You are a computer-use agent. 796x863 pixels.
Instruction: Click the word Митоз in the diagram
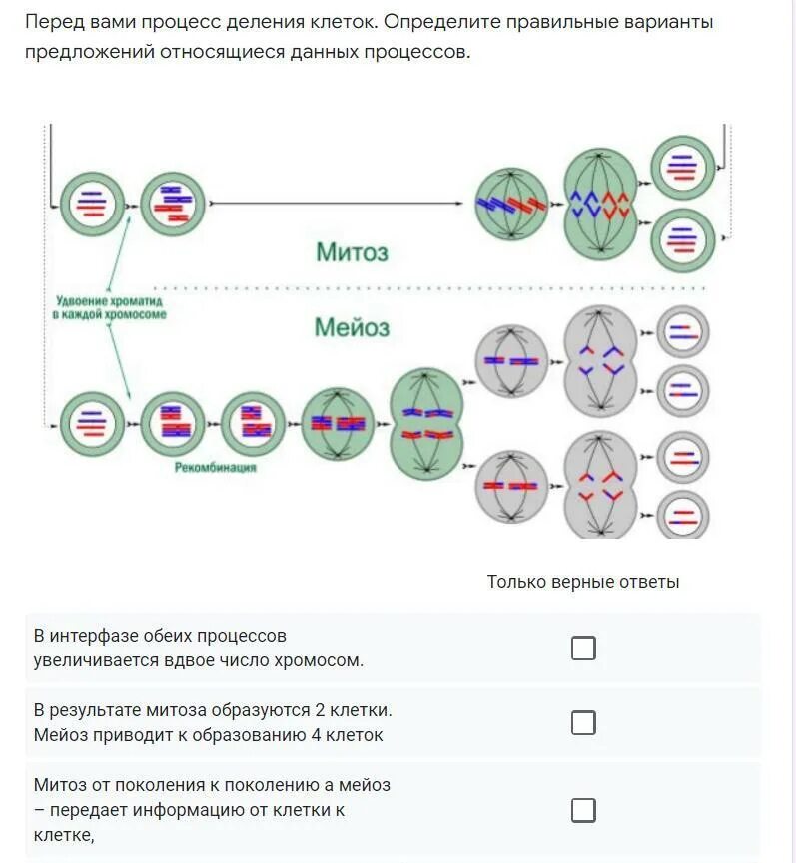point(352,252)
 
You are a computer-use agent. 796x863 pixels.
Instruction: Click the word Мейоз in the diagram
point(352,327)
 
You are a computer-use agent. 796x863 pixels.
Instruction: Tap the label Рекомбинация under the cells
point(215,466)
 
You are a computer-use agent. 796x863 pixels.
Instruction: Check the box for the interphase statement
point(583,648)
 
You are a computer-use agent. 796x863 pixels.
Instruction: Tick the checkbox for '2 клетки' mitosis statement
point(583,723)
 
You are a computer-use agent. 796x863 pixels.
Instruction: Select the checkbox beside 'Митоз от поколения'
point(583,810)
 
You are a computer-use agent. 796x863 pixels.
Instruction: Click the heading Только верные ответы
point(583,582)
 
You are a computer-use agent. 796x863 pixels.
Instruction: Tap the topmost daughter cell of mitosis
point(683,166)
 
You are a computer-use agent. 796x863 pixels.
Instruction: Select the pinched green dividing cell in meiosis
point(427,423)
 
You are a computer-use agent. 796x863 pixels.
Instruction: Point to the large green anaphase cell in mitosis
point(600,205)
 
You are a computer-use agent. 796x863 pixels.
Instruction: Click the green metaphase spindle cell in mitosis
point(511,205)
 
